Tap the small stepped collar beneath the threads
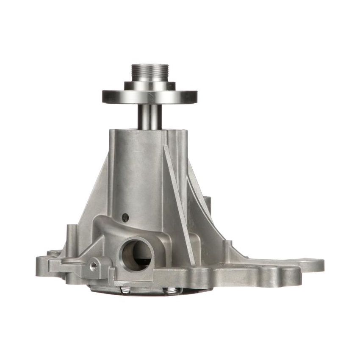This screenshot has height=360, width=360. [x=150, y=85]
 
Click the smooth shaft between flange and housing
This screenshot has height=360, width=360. [x=150, y=116]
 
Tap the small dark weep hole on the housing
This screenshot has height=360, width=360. [x=125, y=217]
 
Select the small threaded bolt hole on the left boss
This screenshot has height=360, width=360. [x=94, y=266]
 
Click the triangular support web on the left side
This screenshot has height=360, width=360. [x=95, y=199]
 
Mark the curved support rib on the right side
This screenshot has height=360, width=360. [x=203, y=212]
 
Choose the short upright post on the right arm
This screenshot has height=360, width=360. [x=229, y=250]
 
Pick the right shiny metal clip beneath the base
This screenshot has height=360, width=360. [x=172, y=291]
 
